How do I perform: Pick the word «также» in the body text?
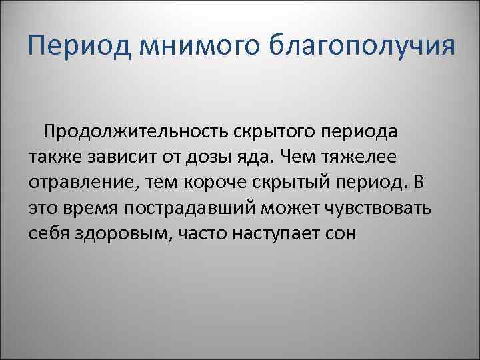(53, 156)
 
